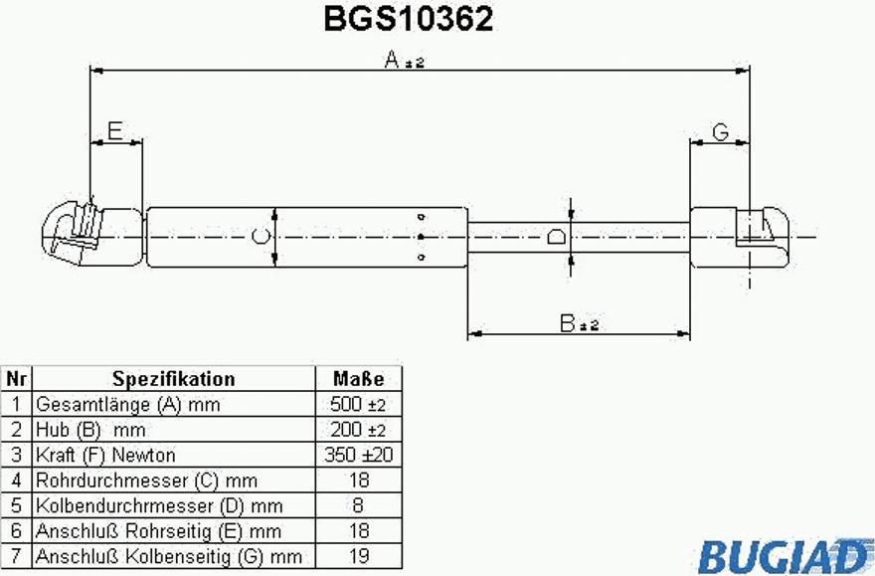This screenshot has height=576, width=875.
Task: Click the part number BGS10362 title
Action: pos(409,19)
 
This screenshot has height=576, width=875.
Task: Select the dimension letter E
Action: pos(115,131)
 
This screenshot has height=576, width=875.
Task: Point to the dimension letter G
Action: pos(721,132)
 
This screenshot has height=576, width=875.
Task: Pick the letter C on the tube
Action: pos(261,237)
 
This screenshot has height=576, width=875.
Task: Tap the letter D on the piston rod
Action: pos(556,237)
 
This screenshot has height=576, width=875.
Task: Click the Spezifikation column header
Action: pos(174,379)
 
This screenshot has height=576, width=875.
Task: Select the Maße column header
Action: pos(358,379)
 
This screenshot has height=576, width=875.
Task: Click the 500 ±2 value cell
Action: pos(358,404)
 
